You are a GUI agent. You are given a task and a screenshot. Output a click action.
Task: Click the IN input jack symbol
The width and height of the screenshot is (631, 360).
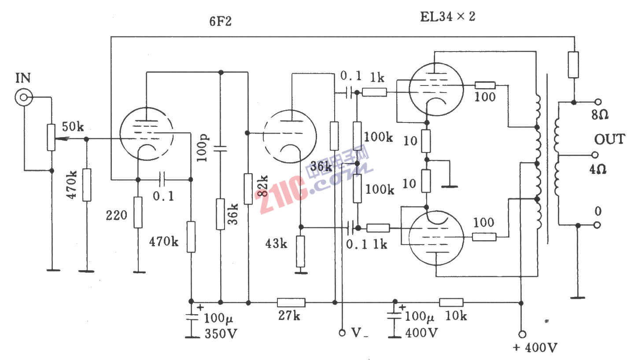pos(23,98)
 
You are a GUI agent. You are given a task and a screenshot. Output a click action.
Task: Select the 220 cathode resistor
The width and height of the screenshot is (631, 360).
pos(138,212)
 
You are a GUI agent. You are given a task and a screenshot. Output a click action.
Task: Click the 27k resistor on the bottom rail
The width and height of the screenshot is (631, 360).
pos(291,302)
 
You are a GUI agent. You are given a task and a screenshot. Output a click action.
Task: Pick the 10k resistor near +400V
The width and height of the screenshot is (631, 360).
pos(451,302)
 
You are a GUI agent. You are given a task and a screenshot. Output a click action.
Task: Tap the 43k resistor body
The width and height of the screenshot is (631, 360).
pos(300,252)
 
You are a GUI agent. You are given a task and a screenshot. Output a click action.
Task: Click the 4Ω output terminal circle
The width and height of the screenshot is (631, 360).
pos(595,155)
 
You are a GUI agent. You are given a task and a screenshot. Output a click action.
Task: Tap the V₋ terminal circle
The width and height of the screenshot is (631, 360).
pos(342,333)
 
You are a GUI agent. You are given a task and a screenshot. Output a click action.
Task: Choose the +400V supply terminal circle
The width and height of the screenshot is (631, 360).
pos(522,334)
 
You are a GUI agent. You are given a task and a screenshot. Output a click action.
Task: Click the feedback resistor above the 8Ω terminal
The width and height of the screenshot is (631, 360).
pos(573,65)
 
